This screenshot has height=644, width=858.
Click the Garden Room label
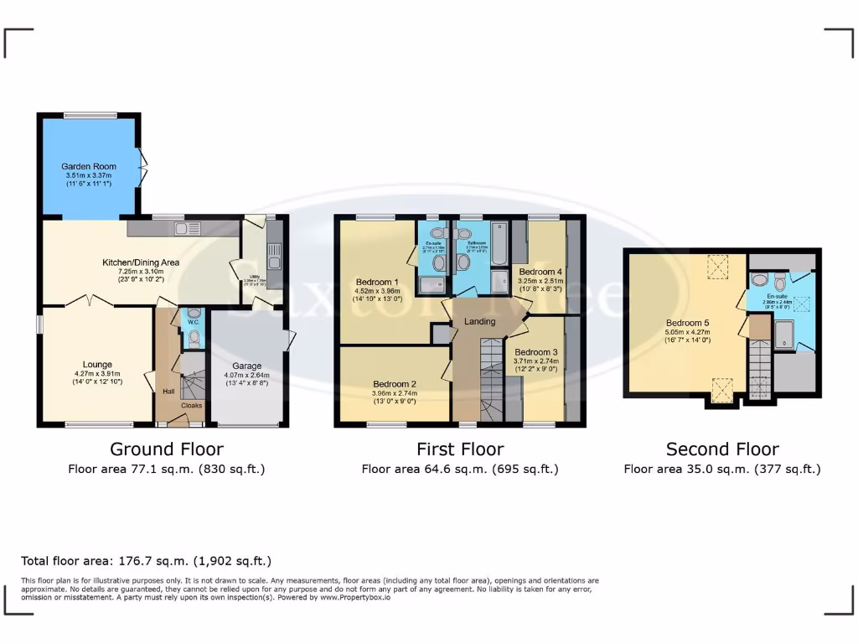(x=89, y=167)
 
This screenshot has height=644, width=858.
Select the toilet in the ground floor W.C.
(x=194, y=337)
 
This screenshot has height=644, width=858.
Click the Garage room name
(x=246, y=366)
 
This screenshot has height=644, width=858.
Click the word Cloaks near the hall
(x=192, y=404)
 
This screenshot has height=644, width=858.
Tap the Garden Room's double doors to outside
(x=142, y=165)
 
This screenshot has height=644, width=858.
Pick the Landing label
(x=479, y=321)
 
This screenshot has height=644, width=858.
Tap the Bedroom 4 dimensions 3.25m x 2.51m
(x=540, y=282)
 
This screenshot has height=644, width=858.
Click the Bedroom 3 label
(x=536, y=351)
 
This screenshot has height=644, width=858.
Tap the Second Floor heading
(x=721, y=449)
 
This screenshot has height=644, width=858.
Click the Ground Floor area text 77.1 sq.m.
(x=166, y=470)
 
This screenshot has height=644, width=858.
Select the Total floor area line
(x=146, y=561)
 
